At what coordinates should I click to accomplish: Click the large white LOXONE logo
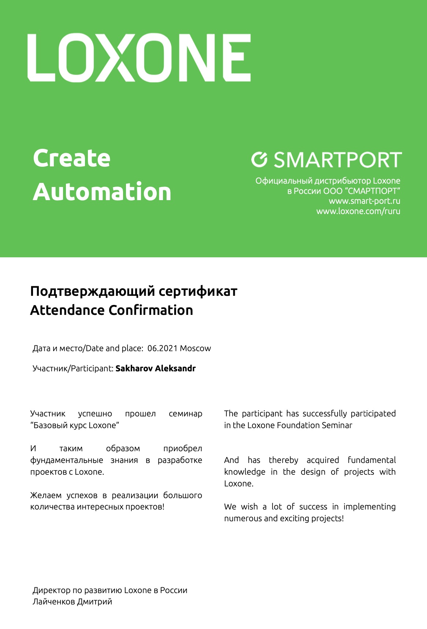click(x=139, y=58)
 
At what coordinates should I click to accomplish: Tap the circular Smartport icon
click(x=260, y=159)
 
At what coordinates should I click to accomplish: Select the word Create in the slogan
click(x=72, y=158)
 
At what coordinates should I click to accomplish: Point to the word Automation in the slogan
click(x=102, y=192)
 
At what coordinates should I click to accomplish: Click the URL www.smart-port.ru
click(x=364, y=201)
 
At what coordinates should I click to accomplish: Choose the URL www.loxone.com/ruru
click(x=358, y=211)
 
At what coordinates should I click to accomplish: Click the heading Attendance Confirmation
click(x=111, y=310)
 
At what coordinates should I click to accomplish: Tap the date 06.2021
click(x=162, y=348)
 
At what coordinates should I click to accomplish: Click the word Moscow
click(x=196, y=348)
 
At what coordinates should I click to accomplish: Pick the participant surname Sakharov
click(x=134, y=368)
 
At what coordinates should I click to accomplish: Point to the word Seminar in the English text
click(x=337, y=425)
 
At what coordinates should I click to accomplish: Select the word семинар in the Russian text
click(x=185, y=414)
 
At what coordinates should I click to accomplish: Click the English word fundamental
click(x=372, y=460)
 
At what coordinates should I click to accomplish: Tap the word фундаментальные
click(x=67, y=460)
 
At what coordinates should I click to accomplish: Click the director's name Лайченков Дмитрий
click(x=72, y=602)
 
